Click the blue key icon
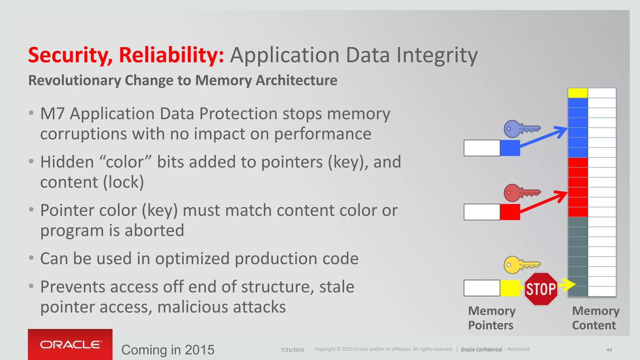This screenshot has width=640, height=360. click(521, 128)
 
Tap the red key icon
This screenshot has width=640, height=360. click(521, 192)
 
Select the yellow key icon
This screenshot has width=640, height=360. click(521, 265)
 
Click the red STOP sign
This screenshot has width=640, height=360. click(541, 289)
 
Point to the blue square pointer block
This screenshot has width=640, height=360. click(510, 148)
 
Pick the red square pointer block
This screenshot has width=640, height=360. click(510, 212)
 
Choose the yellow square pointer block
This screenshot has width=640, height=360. click(510, 288)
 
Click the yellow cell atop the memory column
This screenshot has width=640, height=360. click(578, 93)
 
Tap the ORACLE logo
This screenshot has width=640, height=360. click(70, 344)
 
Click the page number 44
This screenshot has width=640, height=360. click(609, 350)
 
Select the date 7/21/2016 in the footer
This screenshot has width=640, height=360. click(292, 350)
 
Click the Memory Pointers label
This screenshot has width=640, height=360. click(491, 318)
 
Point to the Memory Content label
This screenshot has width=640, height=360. click(595, 318)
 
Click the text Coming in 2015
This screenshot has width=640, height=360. click(168, 350)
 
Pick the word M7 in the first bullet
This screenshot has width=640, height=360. click(52, 113)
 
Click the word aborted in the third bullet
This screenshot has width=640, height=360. click(154, 230)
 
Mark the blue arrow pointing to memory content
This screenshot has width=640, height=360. click(544, 137)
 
